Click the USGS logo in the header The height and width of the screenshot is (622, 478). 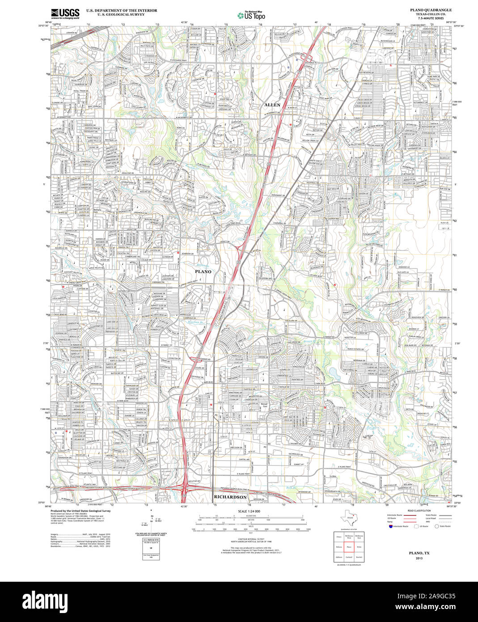(x=65, y=13)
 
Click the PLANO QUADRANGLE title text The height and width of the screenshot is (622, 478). (x=427, y=10)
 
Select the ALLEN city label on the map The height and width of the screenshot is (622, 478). (x=272, y=105)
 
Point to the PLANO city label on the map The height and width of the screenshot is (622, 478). (x=203, y=272)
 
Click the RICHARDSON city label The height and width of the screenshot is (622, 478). (x=230, y=497)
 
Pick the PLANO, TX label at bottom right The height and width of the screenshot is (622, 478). (x=419, y=553)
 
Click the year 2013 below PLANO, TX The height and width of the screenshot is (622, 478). (x=419, y=558)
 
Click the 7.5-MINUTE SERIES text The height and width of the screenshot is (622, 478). (x=430, y=18)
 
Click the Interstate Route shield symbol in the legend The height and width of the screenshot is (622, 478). (x=390, y=527)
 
